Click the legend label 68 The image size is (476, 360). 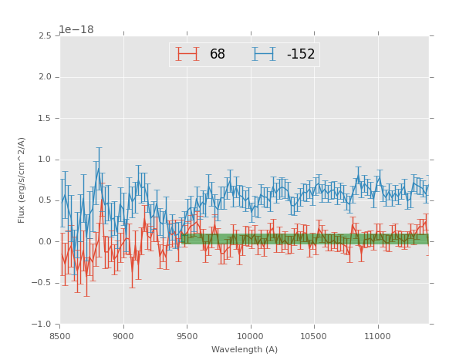click(217, 55)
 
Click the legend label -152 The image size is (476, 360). click(300, 55)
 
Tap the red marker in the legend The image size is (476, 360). click(187, 54)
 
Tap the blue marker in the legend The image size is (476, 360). click(264, 54)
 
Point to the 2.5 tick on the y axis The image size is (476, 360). click(45, 36)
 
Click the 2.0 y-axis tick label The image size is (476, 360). click(45, 77)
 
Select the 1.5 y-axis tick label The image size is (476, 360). click(45, 119)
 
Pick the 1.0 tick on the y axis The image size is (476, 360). click(45, 160)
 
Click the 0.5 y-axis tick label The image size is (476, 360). click(45, 200)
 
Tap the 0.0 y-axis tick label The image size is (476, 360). click(45, 242)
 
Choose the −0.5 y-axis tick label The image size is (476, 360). click(42, 283)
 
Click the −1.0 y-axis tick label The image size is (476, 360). click(42, 325)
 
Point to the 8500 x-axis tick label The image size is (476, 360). click(60, 336)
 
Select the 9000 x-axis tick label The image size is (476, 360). click(123, 336)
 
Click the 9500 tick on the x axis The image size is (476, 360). click(187, 336)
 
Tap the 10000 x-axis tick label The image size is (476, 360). click(251, 336)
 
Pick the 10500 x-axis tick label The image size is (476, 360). click(314, 336)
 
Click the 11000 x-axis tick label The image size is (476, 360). click(377, 336)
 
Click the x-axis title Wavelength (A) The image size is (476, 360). click(245, 350)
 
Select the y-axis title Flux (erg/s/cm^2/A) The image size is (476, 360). click(22, 180)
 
